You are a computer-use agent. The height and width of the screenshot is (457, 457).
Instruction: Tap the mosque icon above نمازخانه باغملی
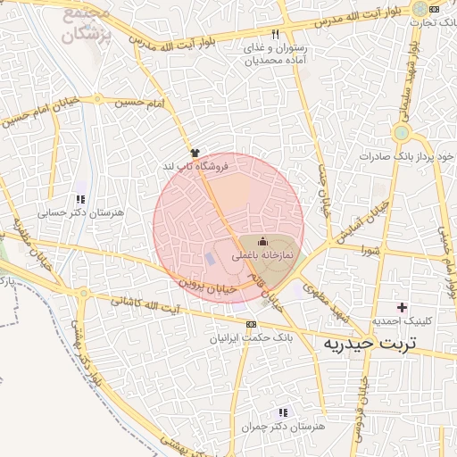click(262, 241)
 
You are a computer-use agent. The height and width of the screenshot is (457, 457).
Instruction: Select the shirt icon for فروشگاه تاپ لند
click(195, 153)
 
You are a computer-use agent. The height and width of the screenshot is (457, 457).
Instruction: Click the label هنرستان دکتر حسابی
click(80, 214)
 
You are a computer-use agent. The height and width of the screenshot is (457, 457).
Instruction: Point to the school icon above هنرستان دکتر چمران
click(283, 412)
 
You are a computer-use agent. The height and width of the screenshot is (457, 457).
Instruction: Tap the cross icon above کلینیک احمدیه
click(402, 307)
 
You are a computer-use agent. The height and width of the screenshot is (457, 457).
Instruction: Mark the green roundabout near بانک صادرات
click(401, 134)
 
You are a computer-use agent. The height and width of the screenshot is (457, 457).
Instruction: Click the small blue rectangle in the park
click(210, 259)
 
